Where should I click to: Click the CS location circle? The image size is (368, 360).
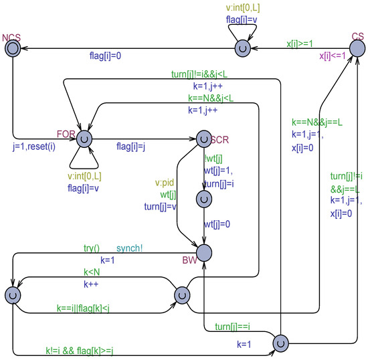[x=357, y=48]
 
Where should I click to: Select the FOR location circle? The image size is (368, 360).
[x=84, y=139]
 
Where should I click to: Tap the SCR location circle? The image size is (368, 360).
[x=204, y=139]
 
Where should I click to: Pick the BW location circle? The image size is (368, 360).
[x=204, y=252]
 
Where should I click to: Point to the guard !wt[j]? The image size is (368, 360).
[x=214, y=159]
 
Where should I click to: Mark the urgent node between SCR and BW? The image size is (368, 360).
[x=204, y=199]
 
